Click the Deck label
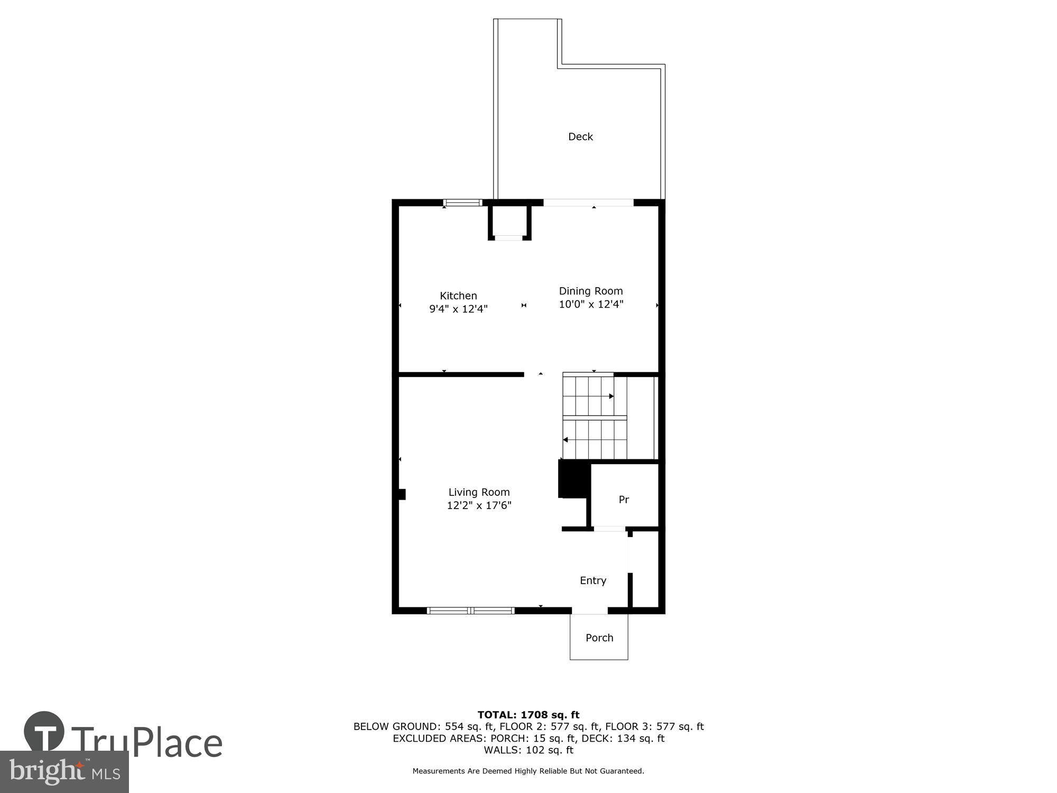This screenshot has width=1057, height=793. pyautogui.click(x=580, y=137)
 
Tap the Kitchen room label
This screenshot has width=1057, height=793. pyautogui.click(x=458, y=296)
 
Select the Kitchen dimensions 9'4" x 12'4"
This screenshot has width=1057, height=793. pyautogui.click(x=458, y=309)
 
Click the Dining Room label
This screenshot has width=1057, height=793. pyautogui.click(x=591, y=291)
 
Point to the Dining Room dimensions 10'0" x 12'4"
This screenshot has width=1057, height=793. pyautogui.click(x=591, y=305)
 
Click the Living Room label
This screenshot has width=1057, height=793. pyautogui.click(x=479, y=492)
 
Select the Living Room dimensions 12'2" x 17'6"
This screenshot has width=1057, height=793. pyautogui.click(x=479, y=505)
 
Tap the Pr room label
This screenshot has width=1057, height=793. pyautogui.click(x=624, y=500)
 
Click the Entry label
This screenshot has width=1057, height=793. pyautogui.click(x=592, y=580)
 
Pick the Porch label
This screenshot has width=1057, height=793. pyautogui.click(x=599, y=638)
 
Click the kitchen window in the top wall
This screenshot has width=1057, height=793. pyautogui.click(x=462, y=202)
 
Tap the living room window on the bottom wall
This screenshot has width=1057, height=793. pyautogui.click(x=470, y=611)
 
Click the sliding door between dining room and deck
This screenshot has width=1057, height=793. pyautogui.click(x=588, y=202)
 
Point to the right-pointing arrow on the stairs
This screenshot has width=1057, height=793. pyautogui.click(x=611, y=396)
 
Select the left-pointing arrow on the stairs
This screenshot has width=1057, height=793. pyautogui.click(x=565, y=440)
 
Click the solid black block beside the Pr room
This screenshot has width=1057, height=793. pyautogui.click(x=573, y=479)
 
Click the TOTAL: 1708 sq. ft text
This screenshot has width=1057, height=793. pyautogui.click(x=528, y=715)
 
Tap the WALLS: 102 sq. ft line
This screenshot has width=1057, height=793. pyautogui.click(x=528, y=750)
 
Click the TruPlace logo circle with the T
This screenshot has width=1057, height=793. pyautogui.click(x=44, y=732)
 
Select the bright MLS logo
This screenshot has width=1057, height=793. pyautogui.click(x=64, y=772)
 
